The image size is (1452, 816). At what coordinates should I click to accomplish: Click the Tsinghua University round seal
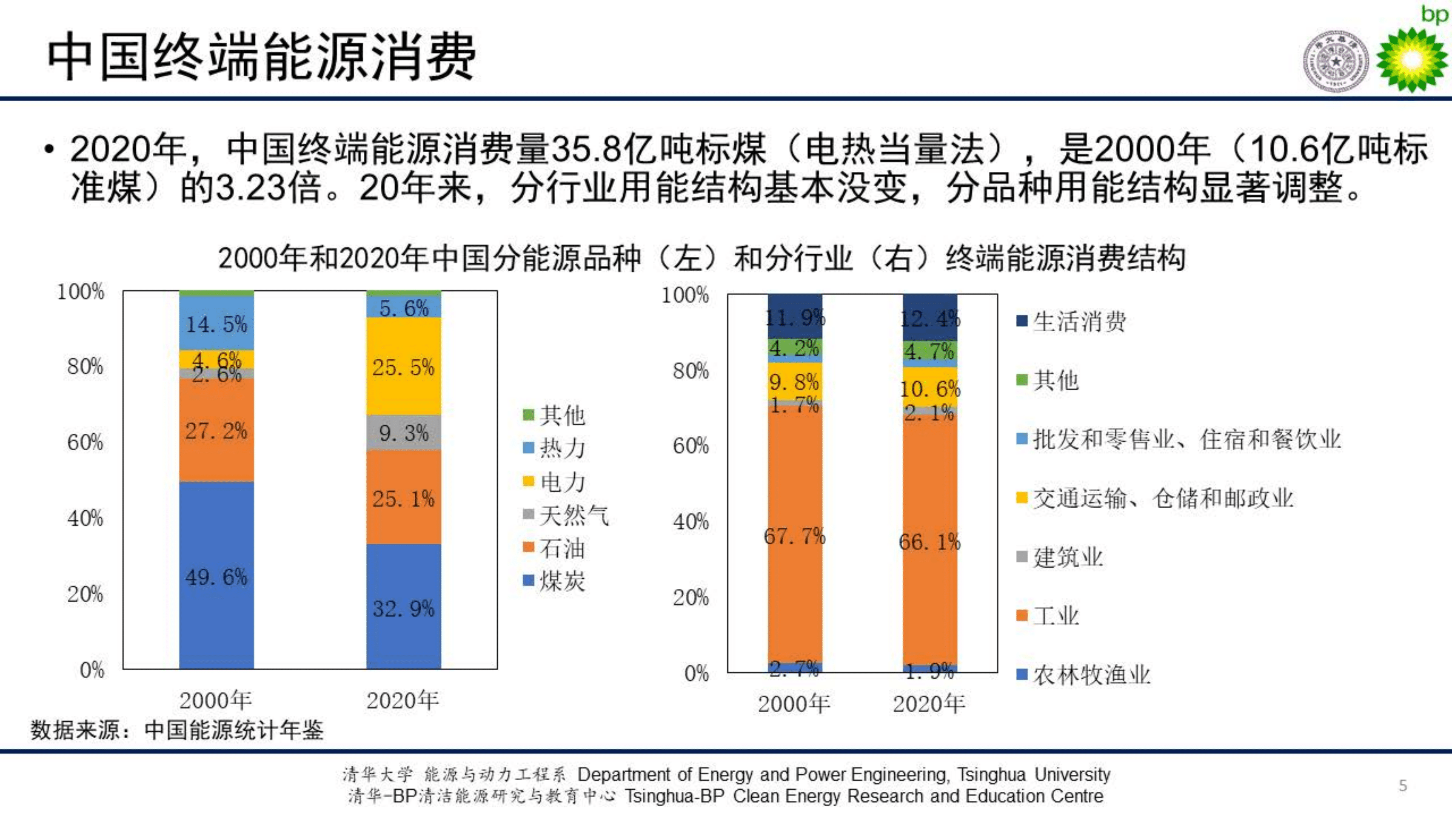tap(1336, 61)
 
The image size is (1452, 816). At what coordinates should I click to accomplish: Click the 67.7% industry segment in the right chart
tap(795, 535)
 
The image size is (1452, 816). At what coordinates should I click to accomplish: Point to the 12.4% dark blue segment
tap(930, 318)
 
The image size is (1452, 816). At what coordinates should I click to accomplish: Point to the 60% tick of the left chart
tap(85, 442)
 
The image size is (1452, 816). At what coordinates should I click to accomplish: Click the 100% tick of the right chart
tap(685, 295)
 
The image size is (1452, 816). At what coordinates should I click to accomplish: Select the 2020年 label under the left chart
tap(402, 700)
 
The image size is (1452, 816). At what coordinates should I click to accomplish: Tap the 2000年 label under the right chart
tap(793, 704)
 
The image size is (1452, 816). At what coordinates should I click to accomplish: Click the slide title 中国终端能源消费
tap(262, 57)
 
